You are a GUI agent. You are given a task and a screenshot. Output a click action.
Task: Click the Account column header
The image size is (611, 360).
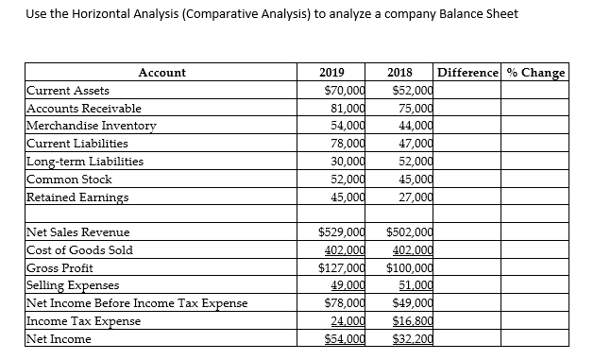pyautogui.click(x=162, y=73)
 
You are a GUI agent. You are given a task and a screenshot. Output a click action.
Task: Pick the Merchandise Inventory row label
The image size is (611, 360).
pyautogui.click(x=92, y=126)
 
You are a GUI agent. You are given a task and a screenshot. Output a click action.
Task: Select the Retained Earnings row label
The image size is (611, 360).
pyautogui.click(x=78, y=197)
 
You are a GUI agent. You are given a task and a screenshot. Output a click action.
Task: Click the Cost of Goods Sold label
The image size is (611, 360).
pyautogui.click(x=80, y=250)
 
